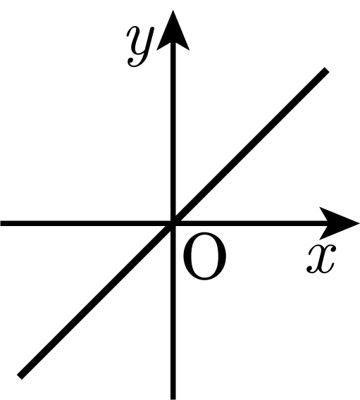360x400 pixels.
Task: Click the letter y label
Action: tap(139, 47)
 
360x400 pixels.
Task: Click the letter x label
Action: tap(321, 259)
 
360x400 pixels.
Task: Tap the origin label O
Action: tap(204, 256)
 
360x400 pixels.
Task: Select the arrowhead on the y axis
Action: tap(173, 32)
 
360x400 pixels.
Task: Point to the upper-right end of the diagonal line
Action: tap(327, 70)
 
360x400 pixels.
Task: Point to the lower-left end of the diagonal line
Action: tap(19, 377)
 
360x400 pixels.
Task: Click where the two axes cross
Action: tap(173, 223)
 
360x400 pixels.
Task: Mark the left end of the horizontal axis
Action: tap(1, 223)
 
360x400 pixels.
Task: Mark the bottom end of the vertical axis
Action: tap(173, 399)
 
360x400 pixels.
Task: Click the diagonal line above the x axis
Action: tap(250, 146)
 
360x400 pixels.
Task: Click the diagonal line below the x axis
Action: tap(96, 300)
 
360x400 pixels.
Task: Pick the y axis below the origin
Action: tap(173, 312)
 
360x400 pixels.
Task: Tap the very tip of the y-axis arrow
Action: tap(173, 10)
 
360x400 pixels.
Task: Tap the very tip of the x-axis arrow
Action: tap(359, 223)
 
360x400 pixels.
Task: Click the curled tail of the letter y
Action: tap(135, 63)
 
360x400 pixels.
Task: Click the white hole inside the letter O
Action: tap(204, 256)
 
